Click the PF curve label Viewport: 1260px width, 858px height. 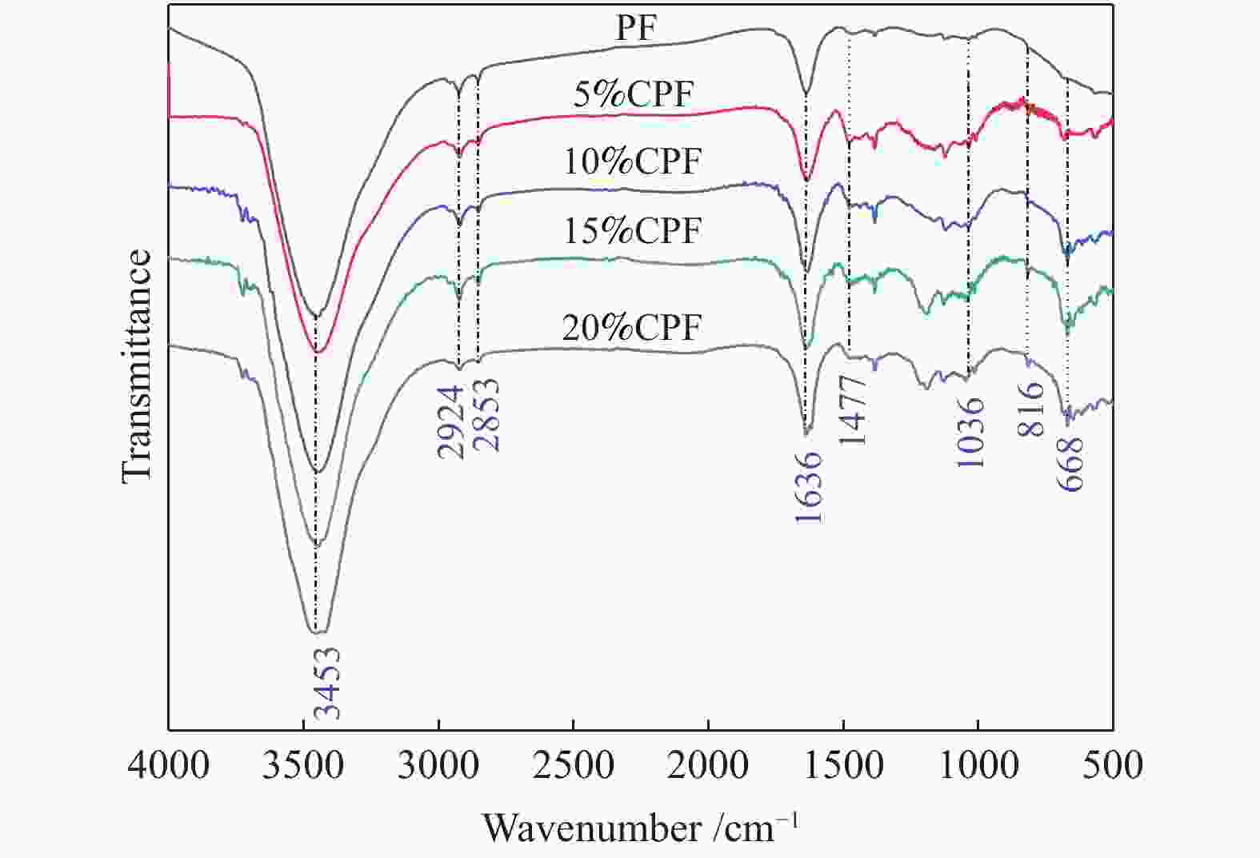(x=636, y=30)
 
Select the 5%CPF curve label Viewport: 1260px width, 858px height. (x=633, y=95)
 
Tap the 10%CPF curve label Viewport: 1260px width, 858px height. (x=632, y=162)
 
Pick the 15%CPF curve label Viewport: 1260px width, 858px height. (x=632, y=231)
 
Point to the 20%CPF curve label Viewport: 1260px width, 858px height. (x=631, y=328)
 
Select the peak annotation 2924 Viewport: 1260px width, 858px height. (x=450, y=421)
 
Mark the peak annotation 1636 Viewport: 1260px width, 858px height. (x=809, y=487)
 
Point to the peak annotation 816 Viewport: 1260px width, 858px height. (x=1031, y=409)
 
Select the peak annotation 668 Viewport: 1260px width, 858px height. (x=1070, y=464)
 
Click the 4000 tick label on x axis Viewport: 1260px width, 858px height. (x=169, y=765)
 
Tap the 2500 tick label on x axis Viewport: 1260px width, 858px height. (x=574, y=765)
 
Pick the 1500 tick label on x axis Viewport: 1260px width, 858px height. (x=843, y=765)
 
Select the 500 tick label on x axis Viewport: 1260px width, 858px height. (x=1112, y=765)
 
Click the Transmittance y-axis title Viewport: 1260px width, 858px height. (x=137, y=366)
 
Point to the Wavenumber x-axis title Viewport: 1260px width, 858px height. (x=640, y=828)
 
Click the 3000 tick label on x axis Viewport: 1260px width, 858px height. (x=438, y=765)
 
